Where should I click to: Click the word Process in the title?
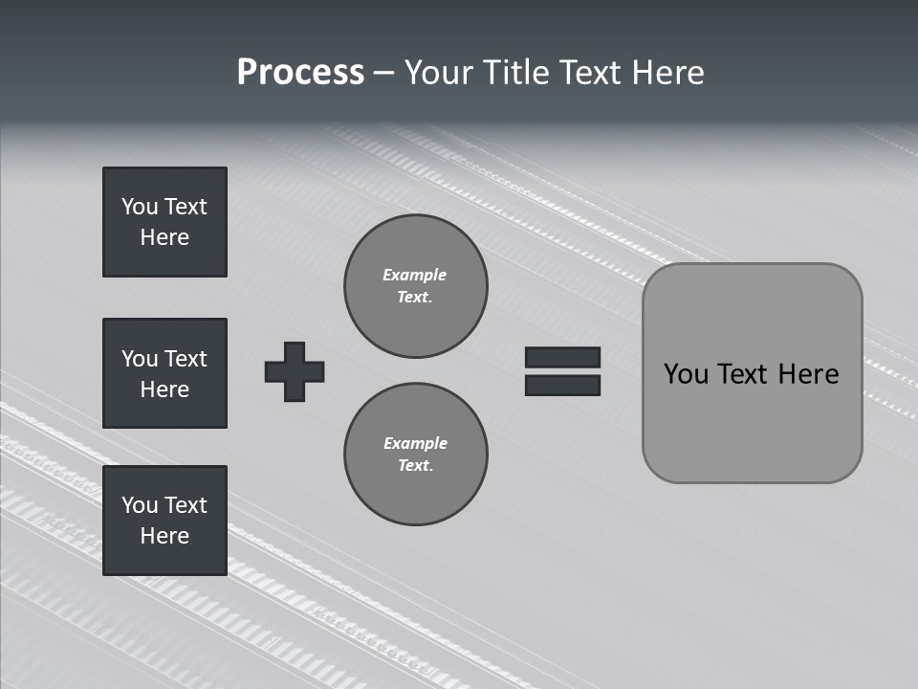[300, 73]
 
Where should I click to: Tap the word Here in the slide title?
[666, 73]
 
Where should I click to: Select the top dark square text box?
[164, 222]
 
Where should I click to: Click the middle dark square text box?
[164, 373]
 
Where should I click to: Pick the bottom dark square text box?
[164, 521]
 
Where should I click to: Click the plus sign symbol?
[295, 371]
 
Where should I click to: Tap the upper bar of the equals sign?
[562, 357]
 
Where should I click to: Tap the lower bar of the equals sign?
[562, 385]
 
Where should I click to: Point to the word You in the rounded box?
[686, 374]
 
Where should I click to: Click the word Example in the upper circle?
[415, 275]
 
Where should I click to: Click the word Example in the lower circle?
[415, 443]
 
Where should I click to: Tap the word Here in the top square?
[164, 237]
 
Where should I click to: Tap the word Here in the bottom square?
[164, 536]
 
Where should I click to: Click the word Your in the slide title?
[439, 73]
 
